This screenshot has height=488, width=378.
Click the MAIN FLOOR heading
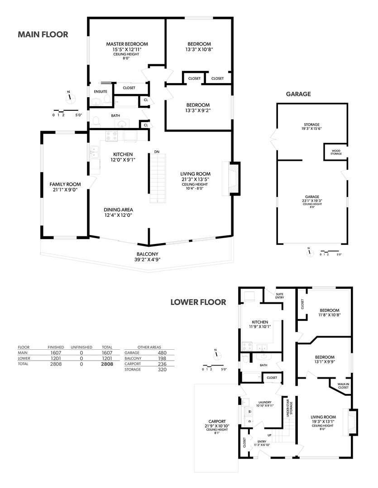tap(43, 34)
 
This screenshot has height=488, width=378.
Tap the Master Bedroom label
tap(127, 44)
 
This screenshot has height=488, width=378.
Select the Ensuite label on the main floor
tap(100, 91)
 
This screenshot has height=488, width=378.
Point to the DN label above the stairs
tap(157, 152)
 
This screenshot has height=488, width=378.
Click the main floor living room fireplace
tap(231, 178)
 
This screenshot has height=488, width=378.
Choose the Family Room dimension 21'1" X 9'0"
tap(65, 189)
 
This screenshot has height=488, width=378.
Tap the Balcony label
tap(147, 254)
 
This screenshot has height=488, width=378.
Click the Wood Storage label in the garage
tap(336, 152)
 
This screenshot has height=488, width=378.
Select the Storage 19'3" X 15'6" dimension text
tap(311, 128)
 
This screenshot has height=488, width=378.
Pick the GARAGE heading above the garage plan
tap(298, 94)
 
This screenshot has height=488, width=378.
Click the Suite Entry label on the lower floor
tap(279, 296)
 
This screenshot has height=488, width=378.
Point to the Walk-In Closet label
tap(343, 385)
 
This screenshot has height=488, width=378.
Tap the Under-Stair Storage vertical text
tap(289, 408)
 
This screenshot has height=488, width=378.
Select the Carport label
tap(217, 422)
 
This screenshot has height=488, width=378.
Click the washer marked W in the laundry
tap(249, 412)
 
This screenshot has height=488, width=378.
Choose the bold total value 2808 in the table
tap(107, 364)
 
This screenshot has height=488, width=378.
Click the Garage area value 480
tap(162, 352)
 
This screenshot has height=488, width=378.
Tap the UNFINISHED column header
tap(81, 347)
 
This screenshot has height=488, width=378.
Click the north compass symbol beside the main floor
tap(70, 97)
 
